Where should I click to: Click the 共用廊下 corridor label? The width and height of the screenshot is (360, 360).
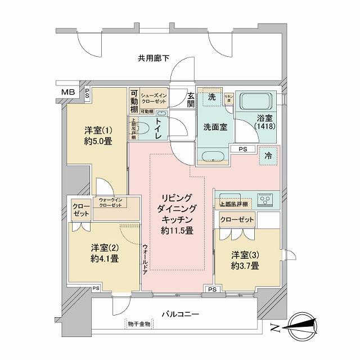point(154,57)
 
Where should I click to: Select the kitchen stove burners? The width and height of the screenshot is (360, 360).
point(264,199)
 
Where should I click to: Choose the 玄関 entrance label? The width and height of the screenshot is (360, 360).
point(191,100)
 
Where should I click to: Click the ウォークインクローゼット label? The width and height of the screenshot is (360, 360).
point(110,202)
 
